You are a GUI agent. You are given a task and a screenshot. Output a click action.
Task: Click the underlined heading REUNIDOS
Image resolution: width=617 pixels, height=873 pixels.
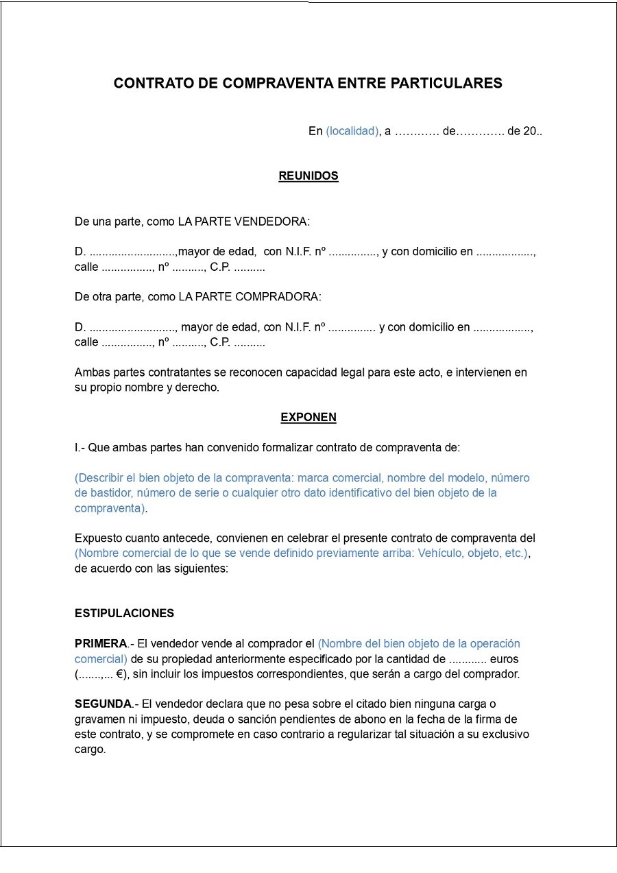click(x=308, y=176)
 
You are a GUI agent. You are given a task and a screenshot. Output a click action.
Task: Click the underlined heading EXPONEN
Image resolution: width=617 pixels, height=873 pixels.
click(x=308, y=418)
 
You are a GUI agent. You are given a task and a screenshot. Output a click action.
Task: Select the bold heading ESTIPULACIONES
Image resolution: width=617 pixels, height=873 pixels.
click(x=124, y=614)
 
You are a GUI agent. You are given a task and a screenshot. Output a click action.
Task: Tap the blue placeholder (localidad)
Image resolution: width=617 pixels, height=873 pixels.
click(x=352, y=132)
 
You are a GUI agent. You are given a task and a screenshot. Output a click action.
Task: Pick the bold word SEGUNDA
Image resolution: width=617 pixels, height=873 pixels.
click(x=103, y=704)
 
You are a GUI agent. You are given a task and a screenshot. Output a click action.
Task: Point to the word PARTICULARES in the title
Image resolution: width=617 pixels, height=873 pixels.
click(x=446, y=84)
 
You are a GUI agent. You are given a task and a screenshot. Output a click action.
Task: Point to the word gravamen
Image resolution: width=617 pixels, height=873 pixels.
click(x=98, y=719)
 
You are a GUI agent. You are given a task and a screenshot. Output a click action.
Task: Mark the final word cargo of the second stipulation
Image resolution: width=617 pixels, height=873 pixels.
click(x=90, y=750)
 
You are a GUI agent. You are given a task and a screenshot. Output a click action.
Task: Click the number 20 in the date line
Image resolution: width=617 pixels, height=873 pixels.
click(x=530, y=132)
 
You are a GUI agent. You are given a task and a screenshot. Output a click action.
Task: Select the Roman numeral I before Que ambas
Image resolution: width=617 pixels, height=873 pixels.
click(x=76, y=448)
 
